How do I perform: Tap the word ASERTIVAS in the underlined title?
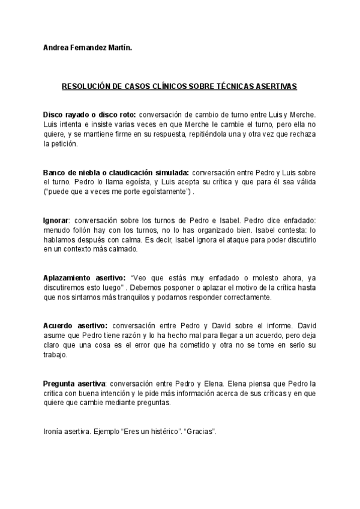tap(276, 86)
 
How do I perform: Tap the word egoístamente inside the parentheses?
tap(160, 192)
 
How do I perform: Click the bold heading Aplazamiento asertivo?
tap(84, 278)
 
